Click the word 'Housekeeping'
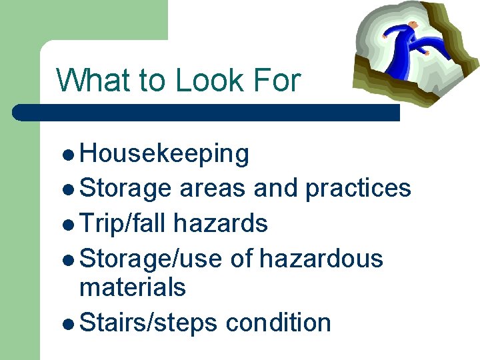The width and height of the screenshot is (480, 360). tap(164, 154)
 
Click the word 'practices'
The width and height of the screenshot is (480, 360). tap(358, 189)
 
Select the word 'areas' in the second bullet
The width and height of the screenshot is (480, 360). tap(213, 189)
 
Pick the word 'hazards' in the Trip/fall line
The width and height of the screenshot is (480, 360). tap(221, 223)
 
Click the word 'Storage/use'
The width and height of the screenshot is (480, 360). tap(150, 257)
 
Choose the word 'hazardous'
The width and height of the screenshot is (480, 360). tap(321, 257)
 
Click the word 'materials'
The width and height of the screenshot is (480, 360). tap(132, 288)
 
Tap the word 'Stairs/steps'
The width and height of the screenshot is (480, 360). tap(149, 323)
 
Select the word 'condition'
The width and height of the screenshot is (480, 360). tap(279, 323)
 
